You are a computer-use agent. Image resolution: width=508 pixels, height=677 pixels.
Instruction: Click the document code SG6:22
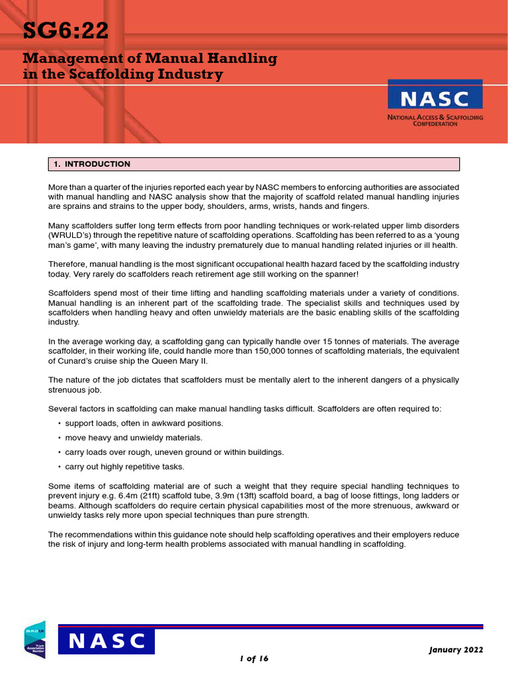point(65,32)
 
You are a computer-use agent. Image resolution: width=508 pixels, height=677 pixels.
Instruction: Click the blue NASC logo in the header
point(435,97)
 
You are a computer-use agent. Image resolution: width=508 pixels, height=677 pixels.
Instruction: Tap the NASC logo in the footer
point(106,641)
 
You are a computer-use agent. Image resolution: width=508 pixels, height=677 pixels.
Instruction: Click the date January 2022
point(456,649)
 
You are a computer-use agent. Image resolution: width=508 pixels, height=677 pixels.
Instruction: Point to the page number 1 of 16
point(254,658)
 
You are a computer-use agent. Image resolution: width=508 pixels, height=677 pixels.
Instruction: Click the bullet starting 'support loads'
point(144,423)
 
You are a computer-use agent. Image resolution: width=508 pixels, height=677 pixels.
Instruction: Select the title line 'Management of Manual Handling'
point(149,58)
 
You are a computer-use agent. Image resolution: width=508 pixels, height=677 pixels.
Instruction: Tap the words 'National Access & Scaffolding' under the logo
point(435,117)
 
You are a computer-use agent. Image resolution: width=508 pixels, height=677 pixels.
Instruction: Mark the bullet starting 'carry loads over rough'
point(174,452)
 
